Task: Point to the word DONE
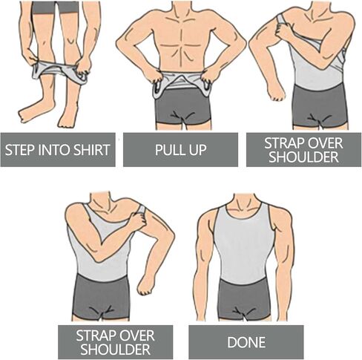click(x=246, y=342)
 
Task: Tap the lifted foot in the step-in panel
click(x=35, y=113)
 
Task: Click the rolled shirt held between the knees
click(x=59, y=71)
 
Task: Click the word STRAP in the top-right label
click(x=283, y=143)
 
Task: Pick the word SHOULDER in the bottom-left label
click(x=116, y=350)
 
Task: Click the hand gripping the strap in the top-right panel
click(x=284, y=30)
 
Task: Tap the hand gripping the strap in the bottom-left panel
click(x=138, y=220)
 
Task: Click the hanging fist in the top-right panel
click(x=277, y=94)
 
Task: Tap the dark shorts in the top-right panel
click(x=320, y=106)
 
